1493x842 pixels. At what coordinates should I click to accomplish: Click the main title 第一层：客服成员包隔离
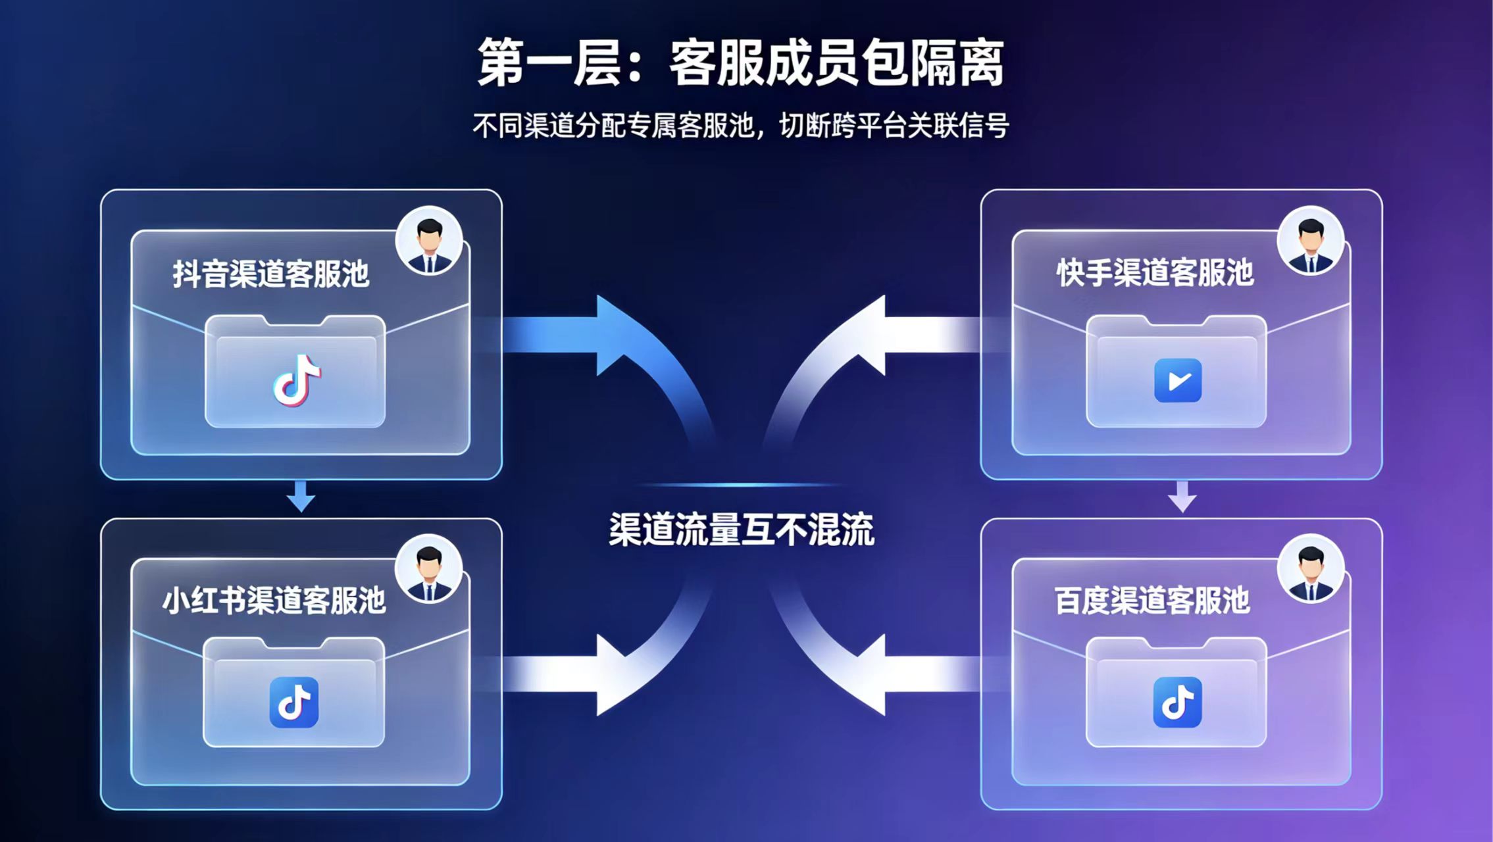coord(741,62)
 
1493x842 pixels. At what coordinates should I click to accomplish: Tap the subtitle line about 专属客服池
coord(741,125)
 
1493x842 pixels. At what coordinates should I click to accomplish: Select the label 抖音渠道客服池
coord(271,274)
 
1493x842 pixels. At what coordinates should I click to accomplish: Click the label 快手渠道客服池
coord(1155,272)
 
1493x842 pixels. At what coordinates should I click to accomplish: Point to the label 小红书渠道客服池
coord(274,600)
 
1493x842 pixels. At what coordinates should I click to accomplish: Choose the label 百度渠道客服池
coord(1152,600)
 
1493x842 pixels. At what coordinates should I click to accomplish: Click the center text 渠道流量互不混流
coord(742,529)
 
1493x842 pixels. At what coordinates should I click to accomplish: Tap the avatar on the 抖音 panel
coord(429,241)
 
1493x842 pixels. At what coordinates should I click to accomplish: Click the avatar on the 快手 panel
coord(1311,241)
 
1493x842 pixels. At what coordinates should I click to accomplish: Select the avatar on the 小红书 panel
coord(429,568)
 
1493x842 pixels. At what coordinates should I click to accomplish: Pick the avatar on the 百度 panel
coord(1311,568)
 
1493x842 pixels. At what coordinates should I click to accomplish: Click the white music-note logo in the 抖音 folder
coord(297,380)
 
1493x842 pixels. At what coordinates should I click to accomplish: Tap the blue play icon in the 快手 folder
coord(1178,380)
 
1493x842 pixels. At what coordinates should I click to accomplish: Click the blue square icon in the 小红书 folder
coord(294,703)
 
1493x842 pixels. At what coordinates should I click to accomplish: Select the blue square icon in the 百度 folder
coord(1178,703)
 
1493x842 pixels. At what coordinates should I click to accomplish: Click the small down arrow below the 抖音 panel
coord(301,497)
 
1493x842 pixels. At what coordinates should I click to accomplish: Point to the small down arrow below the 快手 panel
coord(1182,497)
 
